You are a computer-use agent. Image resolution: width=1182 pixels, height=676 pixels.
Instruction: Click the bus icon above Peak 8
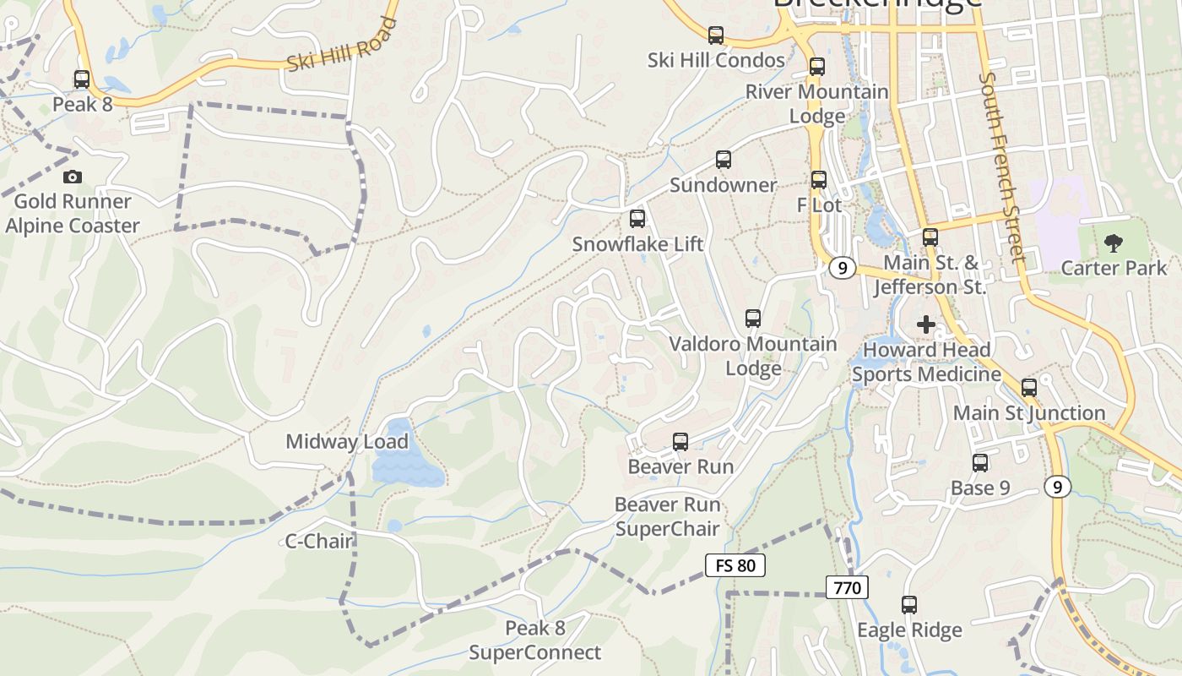point(82,79)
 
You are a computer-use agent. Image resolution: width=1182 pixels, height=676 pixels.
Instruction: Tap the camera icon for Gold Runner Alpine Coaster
point(73,177)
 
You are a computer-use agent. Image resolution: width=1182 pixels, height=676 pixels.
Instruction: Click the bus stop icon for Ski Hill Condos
point(716,35)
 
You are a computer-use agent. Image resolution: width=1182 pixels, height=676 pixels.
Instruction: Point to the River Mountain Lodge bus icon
point(817,67)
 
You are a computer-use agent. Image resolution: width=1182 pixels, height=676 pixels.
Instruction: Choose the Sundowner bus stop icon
point(724,160)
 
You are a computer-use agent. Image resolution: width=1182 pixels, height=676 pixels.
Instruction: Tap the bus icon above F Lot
point(819,180)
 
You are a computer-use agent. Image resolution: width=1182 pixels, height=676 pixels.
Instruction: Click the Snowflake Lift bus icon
point(637,219)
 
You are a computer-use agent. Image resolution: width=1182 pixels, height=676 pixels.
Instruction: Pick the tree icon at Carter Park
point(1114,243)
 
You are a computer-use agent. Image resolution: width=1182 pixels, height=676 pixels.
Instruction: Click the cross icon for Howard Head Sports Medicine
point(926,324)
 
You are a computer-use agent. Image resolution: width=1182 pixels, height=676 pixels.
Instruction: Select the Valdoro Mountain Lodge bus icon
point(753,319)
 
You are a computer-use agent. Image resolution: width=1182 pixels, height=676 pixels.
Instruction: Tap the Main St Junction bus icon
point(1029,388)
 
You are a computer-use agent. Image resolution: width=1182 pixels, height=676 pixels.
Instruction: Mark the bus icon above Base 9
point(980,463)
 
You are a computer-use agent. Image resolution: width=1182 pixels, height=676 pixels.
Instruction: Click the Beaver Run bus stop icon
point(680,441)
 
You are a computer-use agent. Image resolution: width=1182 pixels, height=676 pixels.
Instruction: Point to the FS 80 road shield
point(735,565)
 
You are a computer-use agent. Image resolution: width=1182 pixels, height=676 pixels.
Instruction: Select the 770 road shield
point(847,587)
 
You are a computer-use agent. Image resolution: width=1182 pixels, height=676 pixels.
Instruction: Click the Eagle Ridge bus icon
point(909,605)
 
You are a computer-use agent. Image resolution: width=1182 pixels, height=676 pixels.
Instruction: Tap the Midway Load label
point(347,441)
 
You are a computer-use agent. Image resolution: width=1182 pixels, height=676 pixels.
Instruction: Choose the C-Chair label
point(318,542)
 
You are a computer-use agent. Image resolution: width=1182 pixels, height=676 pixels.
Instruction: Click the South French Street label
point(1001,166)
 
